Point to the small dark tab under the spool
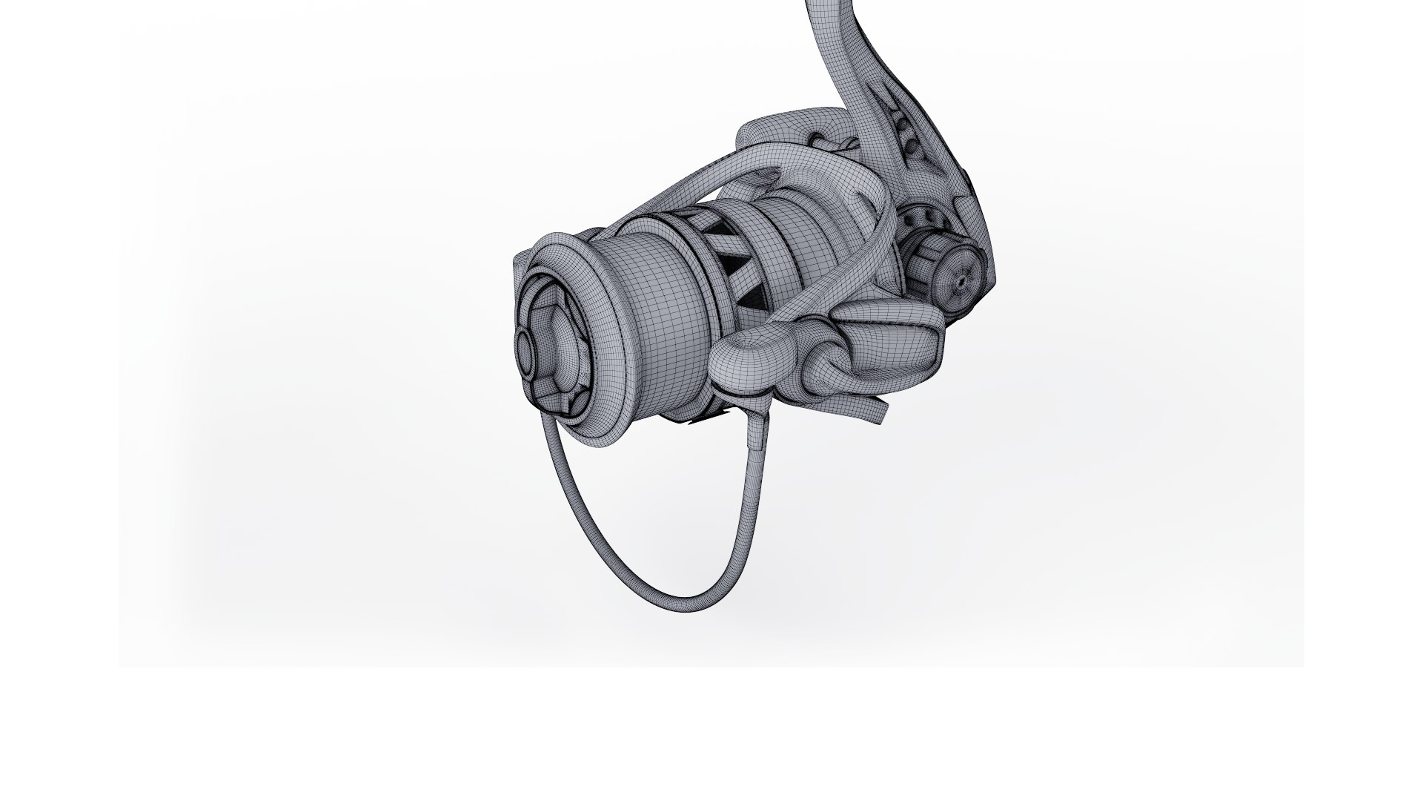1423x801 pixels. [x=700, y=421]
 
